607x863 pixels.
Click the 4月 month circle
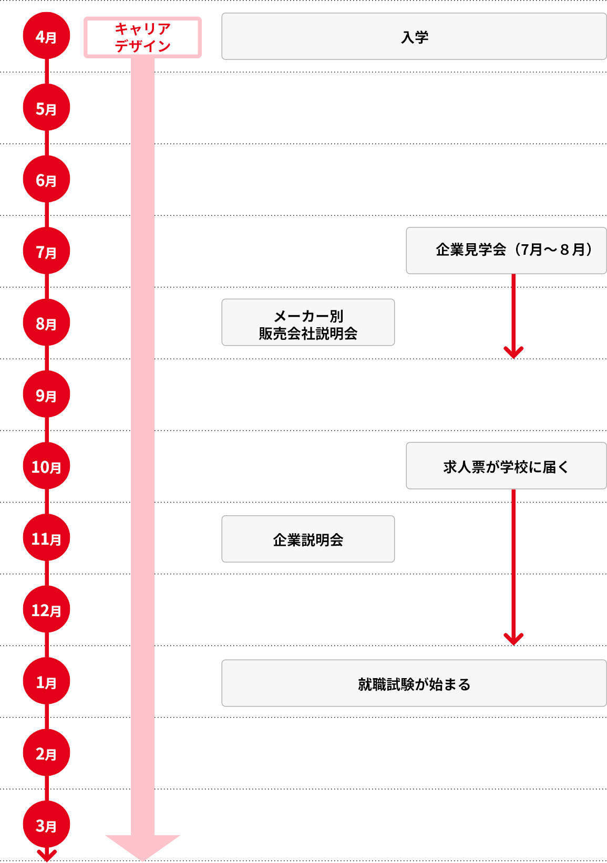[46, 37]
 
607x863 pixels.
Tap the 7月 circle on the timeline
[46, 252]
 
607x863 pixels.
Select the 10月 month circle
[46, 466]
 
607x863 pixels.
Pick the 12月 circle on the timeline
[46, 610]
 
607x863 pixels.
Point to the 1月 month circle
[46, 682]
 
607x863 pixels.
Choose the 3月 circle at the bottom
[46, 825]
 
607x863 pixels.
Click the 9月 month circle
[46, 395]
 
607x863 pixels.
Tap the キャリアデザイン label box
[142, 37]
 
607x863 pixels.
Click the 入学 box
[414, 37]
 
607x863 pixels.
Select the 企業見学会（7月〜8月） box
[506, 251]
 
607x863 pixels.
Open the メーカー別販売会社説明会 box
[308, 323]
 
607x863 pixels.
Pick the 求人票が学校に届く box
[506, 466]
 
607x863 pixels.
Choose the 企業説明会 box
[308, 539]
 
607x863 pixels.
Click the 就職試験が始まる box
[414, 683]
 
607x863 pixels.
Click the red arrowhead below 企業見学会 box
[513, 352]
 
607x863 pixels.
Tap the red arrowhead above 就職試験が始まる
[513, 639]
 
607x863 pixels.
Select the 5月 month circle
[46, 108]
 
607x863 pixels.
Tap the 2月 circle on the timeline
[46, 753]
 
